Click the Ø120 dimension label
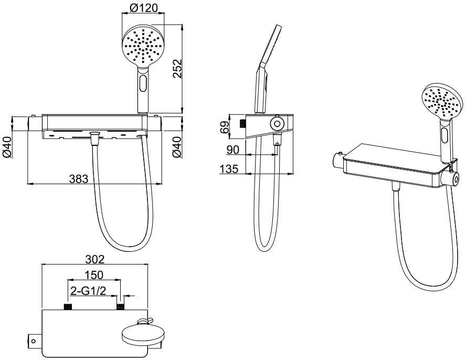click(x=144, y=8)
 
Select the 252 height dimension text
click(x=177, y=69)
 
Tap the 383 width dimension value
click(x=79, y=179)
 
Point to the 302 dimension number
click(x=95, y=259)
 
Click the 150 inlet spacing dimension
click(x=93, y=275)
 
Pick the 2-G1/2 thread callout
click(x=88, y=291)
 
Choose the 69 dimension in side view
click(x=225, y=127)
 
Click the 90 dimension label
click(x=232, y=150)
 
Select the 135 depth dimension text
click(x=229, y=169)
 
